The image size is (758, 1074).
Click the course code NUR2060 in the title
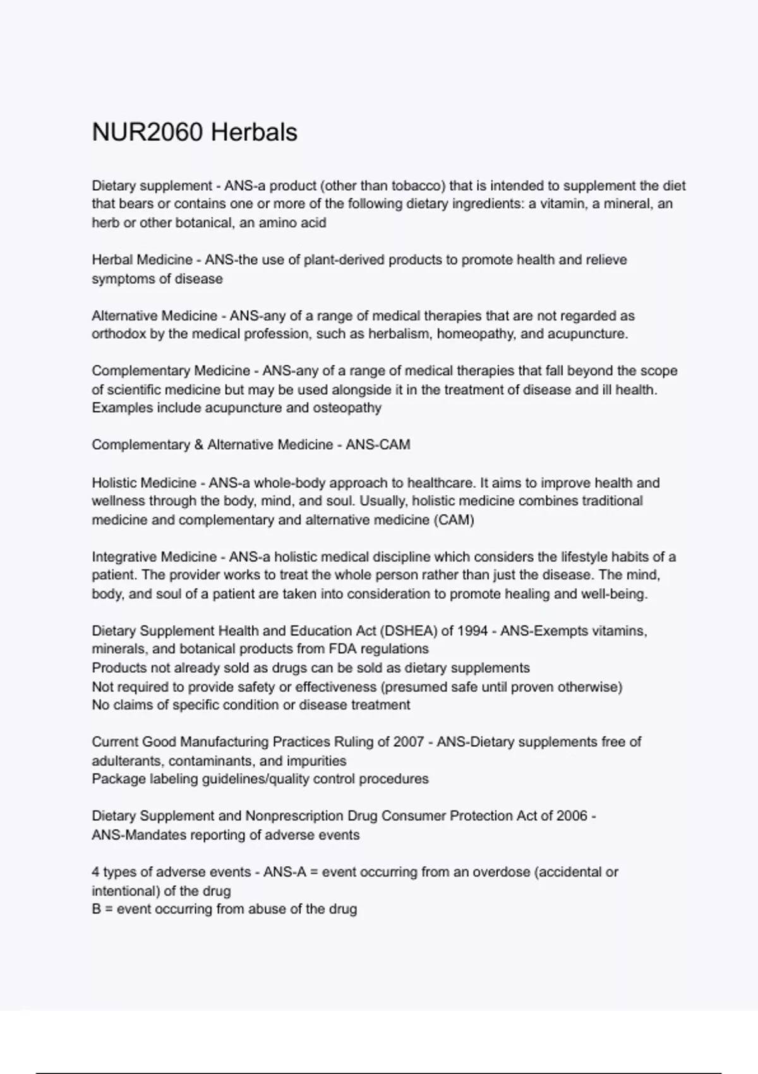pyautogui.click(x=147, y=133)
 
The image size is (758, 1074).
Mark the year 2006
pyautogui.click(x=571, y=816)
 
